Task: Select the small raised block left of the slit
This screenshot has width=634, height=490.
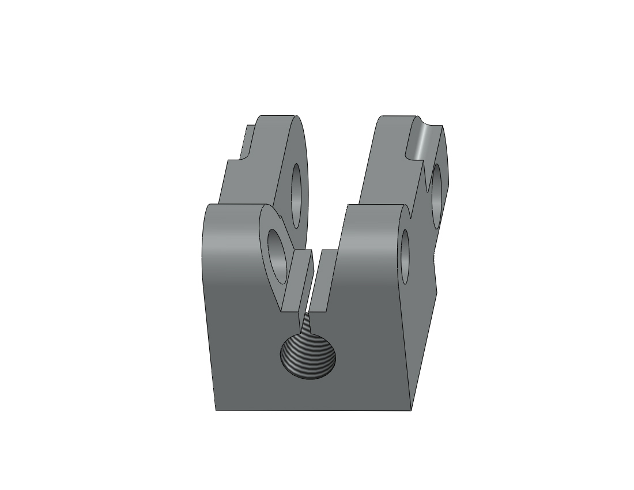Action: point(299,280)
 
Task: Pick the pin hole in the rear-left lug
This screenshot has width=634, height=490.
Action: point(297,195)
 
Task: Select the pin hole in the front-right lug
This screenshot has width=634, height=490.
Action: point(405,256)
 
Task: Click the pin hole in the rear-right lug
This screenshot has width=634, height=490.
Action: point(436,194)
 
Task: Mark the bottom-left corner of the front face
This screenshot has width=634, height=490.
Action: point(216,410)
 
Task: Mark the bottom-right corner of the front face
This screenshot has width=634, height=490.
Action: point(411,410)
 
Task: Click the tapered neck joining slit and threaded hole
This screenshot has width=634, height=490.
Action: point(307,326)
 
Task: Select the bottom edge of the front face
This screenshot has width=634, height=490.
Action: point(314,410)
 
